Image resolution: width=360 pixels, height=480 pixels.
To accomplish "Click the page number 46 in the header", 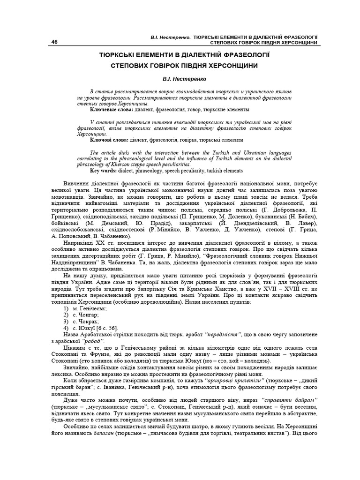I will pos(55,42).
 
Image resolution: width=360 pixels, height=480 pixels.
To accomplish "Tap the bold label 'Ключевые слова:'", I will pos(112,109).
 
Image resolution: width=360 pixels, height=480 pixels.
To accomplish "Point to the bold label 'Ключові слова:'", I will pos(111,140).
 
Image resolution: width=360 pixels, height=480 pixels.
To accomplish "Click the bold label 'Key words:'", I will pos(105,171).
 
